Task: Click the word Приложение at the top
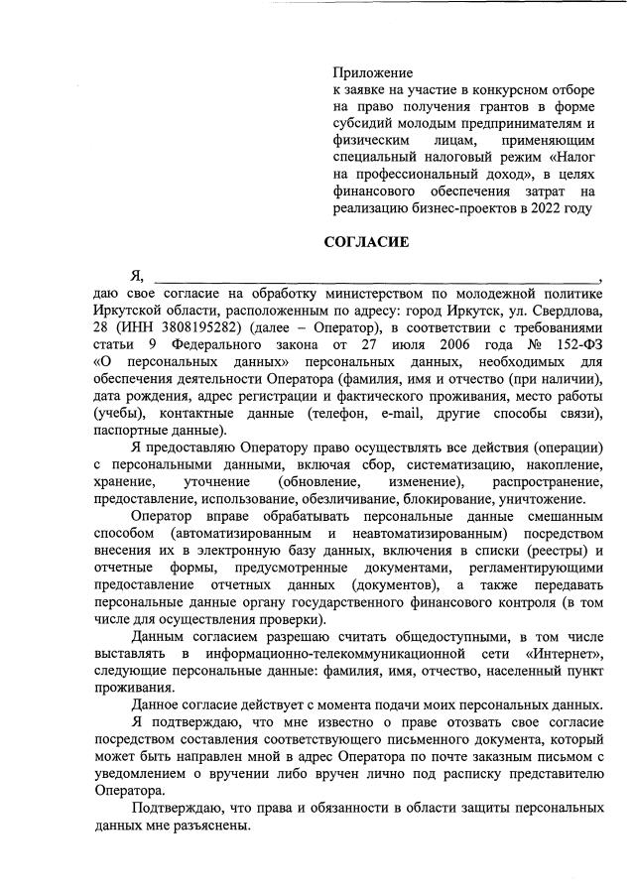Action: coord(372,72)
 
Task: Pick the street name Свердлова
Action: coord(565,311)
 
